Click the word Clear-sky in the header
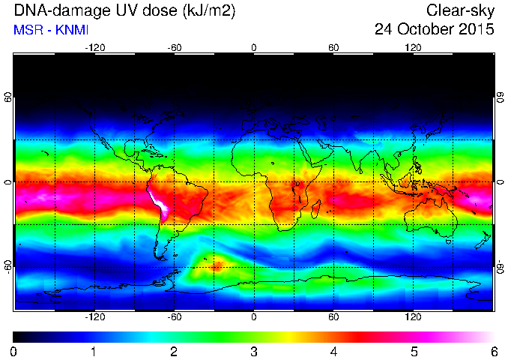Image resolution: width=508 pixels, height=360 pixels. pos(460,10)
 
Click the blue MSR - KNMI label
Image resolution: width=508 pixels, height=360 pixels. pos(51,30)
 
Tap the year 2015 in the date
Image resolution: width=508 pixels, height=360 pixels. pos(477,29)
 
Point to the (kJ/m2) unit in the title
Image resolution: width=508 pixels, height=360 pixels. pos(209,11)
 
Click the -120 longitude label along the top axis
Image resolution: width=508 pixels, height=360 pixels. pos(95,48)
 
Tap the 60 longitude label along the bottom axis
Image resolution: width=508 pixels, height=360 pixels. pos(333,316)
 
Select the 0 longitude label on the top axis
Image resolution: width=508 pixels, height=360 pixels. pos(254,48)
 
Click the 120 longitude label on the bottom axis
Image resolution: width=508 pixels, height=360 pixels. pos(413,316)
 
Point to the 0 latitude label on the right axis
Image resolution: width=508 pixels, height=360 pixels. pos(501,182)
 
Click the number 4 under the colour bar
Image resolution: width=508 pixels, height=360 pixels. pos(333,352)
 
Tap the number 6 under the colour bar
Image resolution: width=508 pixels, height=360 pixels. pos(494,352)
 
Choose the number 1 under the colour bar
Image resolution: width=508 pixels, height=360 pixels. pos(94,352)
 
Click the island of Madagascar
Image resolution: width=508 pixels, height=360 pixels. pos(316,209)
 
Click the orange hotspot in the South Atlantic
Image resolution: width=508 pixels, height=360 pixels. pos(216,266)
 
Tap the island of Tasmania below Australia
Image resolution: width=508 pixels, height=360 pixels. pos(448,241)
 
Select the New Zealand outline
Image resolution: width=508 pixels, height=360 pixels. pos(483,240)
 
